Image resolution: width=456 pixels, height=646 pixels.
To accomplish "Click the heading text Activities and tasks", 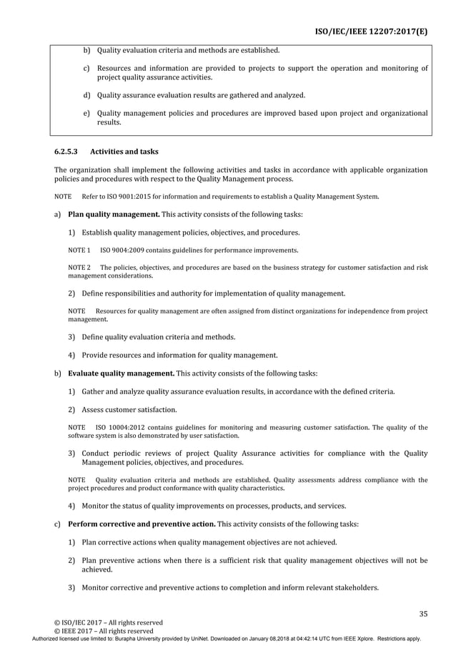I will click(x=124, y=151).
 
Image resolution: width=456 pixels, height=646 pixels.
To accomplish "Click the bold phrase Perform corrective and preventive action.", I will click(x=142, y=524).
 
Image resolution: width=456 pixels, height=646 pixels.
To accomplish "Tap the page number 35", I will click(x=422, y=613).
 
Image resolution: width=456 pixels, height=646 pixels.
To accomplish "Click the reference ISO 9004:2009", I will click(x=123, y=250).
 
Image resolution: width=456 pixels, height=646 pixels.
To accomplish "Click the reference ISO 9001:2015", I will click(x=139, y=196).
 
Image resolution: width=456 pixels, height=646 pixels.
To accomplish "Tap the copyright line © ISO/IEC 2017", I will click(x=94, y=622).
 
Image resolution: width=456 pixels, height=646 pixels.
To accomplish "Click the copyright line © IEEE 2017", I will click(x=90, y=631).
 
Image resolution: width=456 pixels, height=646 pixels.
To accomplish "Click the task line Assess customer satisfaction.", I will click(x=129, y=410).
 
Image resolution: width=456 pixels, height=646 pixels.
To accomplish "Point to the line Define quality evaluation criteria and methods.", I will click(x=159, y=337).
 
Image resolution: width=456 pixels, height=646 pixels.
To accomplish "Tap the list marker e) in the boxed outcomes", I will click(x=86, y=113).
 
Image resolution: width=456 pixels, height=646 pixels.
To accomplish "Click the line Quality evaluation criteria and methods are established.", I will click(x=188, y=51).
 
